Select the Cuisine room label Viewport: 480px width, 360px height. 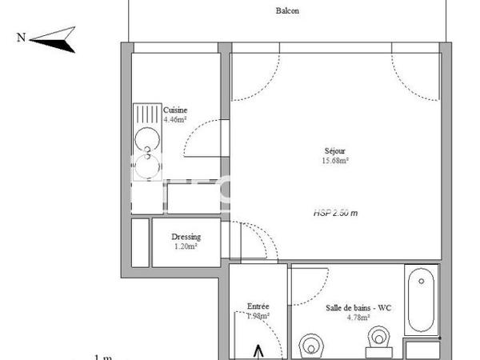175,110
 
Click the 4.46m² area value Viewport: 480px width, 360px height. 175,119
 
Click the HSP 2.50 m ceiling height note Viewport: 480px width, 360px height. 334,213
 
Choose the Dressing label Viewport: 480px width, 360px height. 186,237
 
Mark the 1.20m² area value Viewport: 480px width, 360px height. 186,246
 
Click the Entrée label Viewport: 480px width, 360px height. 258,306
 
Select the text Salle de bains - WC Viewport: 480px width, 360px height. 358,308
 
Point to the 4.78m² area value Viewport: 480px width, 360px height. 358,317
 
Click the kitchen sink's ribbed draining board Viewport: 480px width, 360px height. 146,118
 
